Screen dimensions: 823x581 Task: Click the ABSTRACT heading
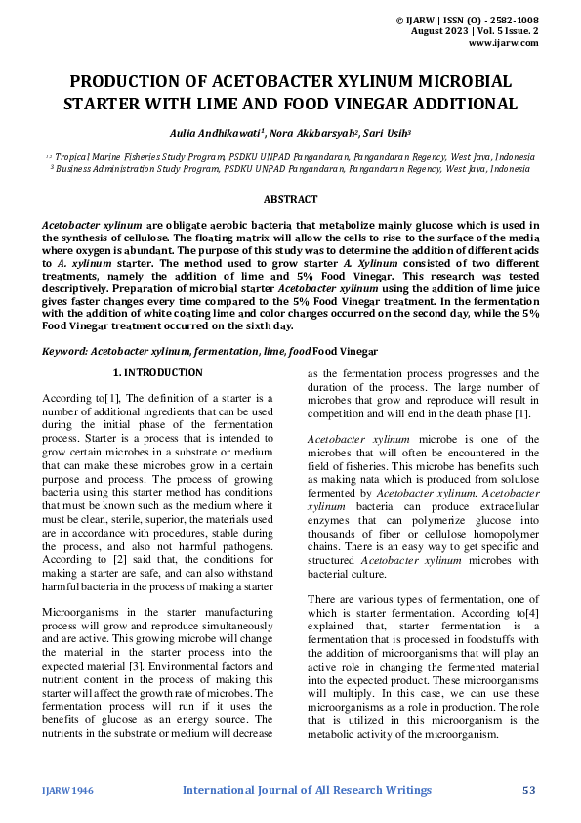290,199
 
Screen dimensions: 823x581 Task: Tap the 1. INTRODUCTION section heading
158,373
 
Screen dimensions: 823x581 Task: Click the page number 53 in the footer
530,789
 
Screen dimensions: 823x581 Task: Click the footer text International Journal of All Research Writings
307,789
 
